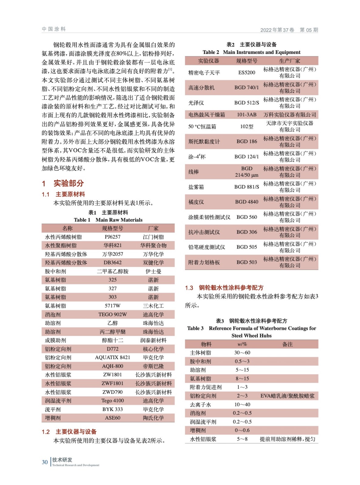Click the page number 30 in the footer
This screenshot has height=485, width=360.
point(45,462)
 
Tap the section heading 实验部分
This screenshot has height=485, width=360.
point(69,183)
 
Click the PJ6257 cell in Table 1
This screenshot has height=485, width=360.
point(113,237)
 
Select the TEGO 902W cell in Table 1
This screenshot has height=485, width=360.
point(113,314)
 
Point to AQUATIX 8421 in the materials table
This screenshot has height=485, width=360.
point(113,357)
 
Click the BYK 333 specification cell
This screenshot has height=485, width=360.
point(113,409)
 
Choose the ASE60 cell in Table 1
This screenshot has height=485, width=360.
point(113,418)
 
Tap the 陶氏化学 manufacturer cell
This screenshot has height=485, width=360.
point(153,418)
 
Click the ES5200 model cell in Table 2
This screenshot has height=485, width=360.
point(247,72)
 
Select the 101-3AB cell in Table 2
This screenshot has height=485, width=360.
point(247,115)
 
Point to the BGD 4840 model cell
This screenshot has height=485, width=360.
point(247,202)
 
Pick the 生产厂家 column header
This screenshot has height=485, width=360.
point(289,61)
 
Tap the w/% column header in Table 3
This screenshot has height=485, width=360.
point(242,344)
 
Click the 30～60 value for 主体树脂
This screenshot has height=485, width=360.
point(242,353)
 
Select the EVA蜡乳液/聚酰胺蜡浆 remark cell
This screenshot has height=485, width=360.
point(287,396)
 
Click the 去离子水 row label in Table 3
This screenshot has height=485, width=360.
point(200,404)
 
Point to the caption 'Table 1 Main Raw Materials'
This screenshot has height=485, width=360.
point(108,220)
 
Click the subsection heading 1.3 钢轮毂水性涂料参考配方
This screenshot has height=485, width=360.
point(224,287)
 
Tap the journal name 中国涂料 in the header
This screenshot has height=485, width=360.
point(54,29)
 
